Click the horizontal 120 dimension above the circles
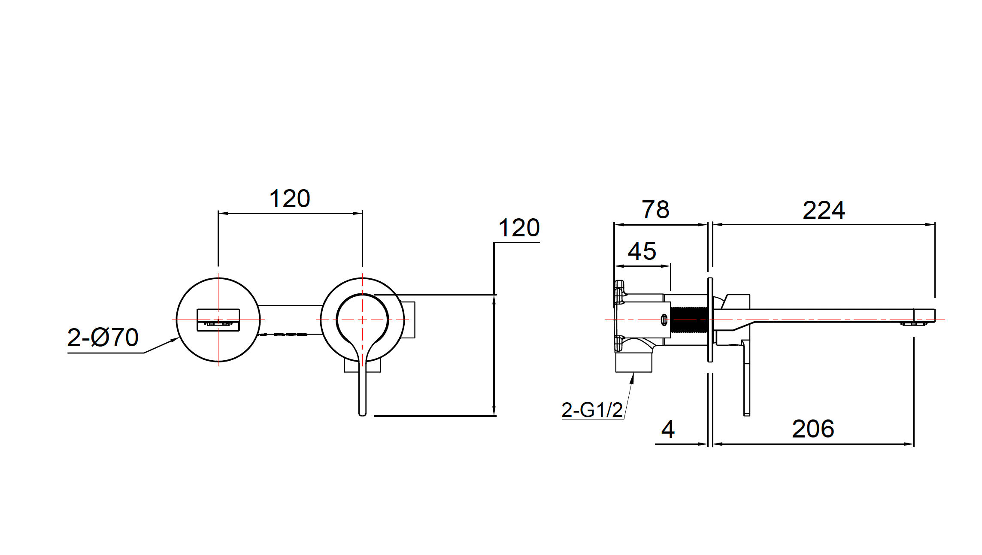[290, 199]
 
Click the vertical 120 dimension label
[518, 228]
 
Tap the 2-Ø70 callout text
[103, 338]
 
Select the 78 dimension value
[655, 210]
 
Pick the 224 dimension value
[824, 210]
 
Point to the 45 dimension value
[642, 251]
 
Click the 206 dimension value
[813, 429]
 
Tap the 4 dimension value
[668, 429]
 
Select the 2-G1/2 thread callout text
[592, 410]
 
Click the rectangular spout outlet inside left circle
[218, 320]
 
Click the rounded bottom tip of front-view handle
[362, 413]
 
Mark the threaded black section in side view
[689, 320]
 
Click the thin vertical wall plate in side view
[710, 320]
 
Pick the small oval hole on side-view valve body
[664, 320]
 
